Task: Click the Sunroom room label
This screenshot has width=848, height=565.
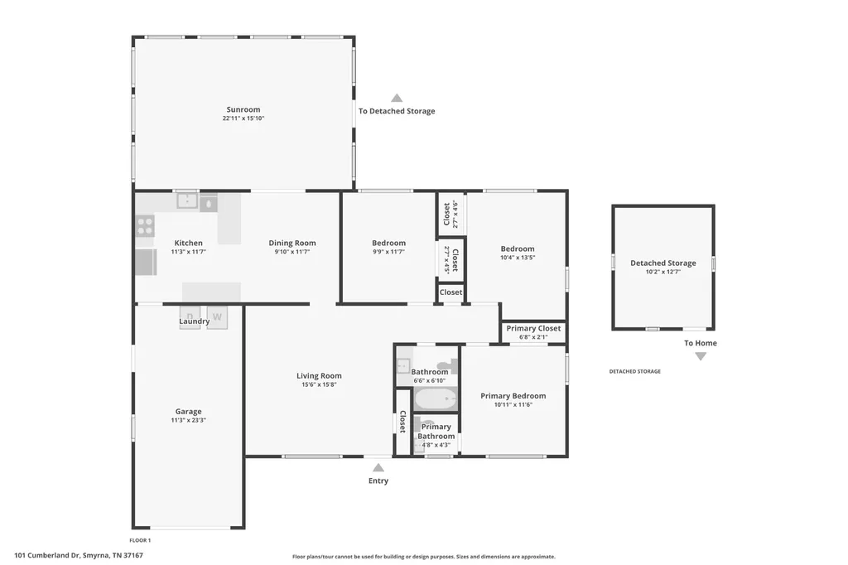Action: [243, 109]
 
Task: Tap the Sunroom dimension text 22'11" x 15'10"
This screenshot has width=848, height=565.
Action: [243, 118]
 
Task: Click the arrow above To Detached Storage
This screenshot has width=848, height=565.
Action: [397, 98]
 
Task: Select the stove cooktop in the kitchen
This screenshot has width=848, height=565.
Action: [145, 225]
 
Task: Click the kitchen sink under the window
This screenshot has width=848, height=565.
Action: [187, 200]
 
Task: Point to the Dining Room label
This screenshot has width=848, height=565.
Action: [292, 243]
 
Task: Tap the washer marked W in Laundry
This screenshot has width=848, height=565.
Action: [217, 317]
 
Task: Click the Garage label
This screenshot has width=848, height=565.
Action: [188, 411]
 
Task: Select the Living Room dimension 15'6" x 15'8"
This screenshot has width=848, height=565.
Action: [319, 384]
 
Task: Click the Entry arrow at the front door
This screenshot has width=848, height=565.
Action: [378, 467]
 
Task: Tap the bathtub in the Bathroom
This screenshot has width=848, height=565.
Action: [436, 400]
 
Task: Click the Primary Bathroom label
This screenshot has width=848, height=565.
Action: [436, 432]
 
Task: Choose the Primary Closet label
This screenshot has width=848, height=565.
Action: [533, 328]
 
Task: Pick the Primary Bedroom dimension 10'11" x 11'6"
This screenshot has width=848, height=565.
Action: [513, 405]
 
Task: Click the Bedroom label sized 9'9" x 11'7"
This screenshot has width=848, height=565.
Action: [389, 243]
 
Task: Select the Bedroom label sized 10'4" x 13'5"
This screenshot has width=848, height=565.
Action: [518, 249]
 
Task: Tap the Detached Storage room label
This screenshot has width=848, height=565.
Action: [663, 263]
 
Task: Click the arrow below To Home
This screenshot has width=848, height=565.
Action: [701, 356]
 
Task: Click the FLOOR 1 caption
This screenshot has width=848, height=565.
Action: [140, 540]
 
